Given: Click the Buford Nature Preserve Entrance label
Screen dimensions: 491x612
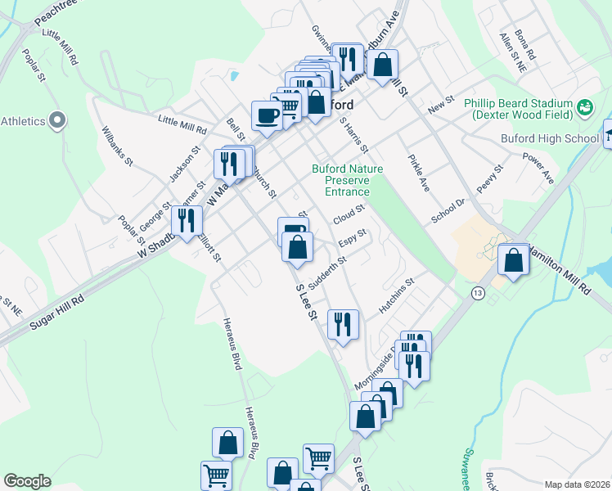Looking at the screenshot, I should [340, 180].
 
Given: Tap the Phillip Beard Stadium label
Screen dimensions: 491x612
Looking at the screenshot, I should [517, 109].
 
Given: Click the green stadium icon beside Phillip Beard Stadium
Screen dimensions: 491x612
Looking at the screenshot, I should [584, 106].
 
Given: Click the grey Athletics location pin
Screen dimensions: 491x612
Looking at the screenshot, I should [56, 121].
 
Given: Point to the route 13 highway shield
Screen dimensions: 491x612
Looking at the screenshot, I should [476, 292].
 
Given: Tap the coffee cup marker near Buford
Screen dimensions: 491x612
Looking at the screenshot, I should [267, 115].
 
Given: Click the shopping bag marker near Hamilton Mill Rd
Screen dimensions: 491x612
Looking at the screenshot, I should [513, 260].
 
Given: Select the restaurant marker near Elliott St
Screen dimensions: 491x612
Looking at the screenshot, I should [187, 220].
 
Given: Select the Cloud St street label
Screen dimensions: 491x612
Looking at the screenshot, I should [349, 216].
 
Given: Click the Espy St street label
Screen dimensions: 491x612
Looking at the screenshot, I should [351, 243].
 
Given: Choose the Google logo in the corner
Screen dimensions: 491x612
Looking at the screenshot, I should [27, 481].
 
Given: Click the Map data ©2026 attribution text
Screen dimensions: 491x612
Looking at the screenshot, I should [577, 484].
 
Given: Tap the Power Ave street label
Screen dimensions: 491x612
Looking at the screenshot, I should [538, 167].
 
